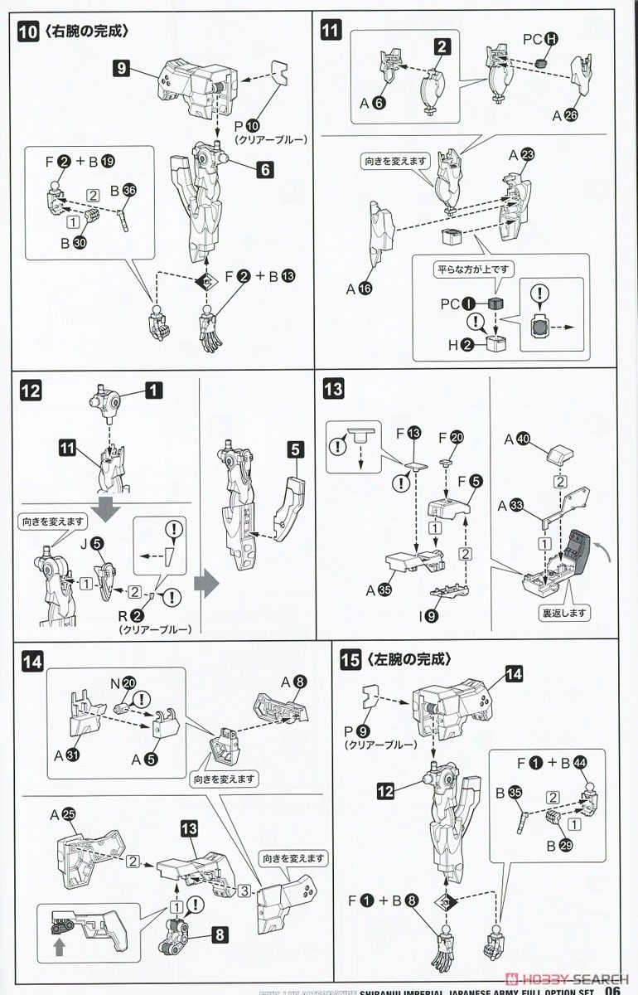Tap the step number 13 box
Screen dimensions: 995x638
[332, 389]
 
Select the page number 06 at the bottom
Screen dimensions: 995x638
[614, 987]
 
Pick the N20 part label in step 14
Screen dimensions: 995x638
[123, 682]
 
